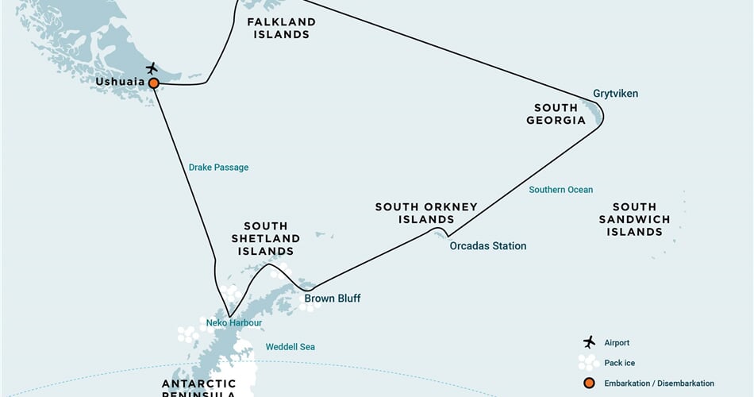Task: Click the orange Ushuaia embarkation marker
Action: click(154, 83)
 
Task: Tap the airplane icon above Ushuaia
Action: click(152, 68)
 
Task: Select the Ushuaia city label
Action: click(120, 82)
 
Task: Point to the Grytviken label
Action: click(615, 94)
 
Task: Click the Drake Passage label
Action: click(218, 168)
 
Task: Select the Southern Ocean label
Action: click(561, 190)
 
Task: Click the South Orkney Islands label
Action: click(426, 213)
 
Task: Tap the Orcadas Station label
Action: click(487, 246)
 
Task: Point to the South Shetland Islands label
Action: click(265, 238)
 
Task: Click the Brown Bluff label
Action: click(333, 299)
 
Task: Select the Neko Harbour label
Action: click(233, 323)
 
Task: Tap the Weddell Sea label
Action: click(290, 347)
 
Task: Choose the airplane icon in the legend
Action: click(589, 342)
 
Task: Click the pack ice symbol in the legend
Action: click(589, 362)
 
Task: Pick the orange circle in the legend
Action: click(589, 383)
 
